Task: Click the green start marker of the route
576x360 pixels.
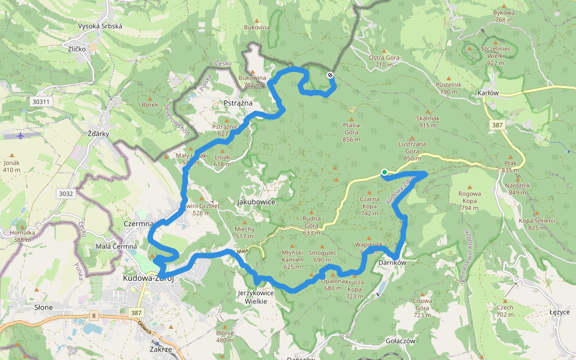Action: tap(385, 173)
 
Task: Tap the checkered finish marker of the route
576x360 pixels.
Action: tap(330, 75)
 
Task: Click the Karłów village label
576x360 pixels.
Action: tap(488, 93)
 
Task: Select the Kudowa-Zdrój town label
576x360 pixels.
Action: tap(148, 278)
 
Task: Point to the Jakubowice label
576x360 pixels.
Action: tap(257, 202)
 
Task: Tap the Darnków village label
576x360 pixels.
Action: tap(393, 263)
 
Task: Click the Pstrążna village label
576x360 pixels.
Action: tap(237, 103)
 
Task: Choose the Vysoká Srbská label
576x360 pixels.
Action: tap(100, 26)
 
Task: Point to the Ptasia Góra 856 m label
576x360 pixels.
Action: tap(351, 132)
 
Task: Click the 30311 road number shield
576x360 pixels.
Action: tap(41, 102)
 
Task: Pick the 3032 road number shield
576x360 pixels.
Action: tap(66, 194)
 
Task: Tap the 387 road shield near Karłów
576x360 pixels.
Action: tap(497, 125)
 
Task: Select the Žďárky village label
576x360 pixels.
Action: tap(98, 133)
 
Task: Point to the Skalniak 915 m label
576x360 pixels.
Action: tap(428, 121)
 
